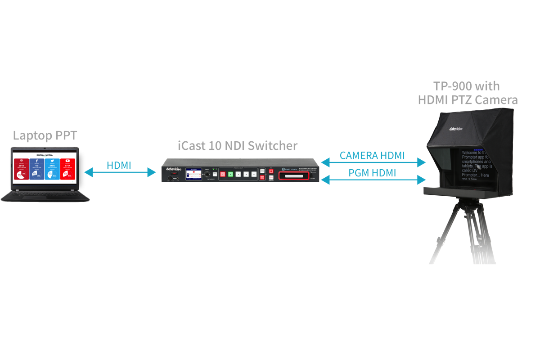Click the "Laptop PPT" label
[x=45, y=135]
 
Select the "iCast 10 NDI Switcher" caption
[x=237, y=146]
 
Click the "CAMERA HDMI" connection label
[x=372, y=156]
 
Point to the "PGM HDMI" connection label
[x=372, y=173]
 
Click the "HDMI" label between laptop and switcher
[x=119, y=165]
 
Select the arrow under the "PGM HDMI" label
[x=373, y=180]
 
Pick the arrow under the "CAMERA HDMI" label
[x=373, y=162]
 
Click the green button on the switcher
[x=230, y=174]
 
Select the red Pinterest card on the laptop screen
[x=21, y=169]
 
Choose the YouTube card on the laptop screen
[x=68, y=169]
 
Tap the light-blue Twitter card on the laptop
[x=52, y=169]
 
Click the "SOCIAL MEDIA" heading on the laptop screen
[x=45, y=154]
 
